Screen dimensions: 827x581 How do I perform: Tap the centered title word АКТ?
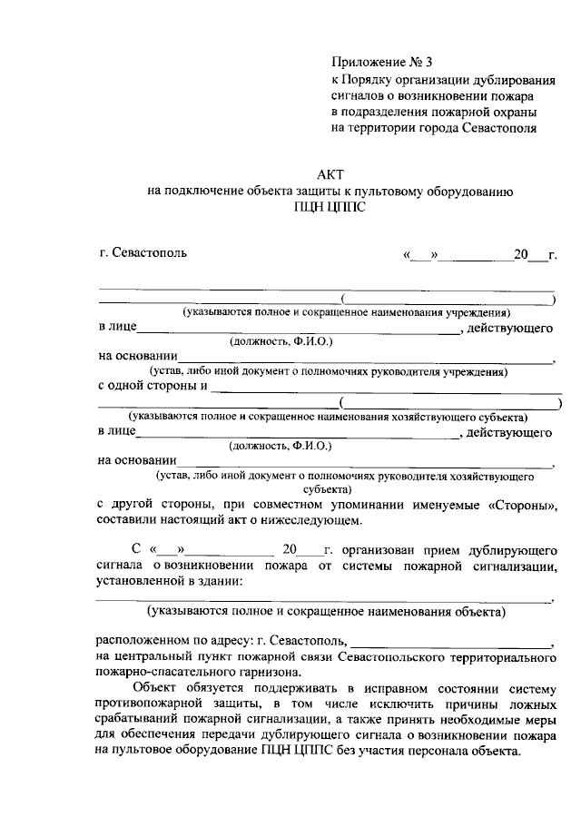(331, 173)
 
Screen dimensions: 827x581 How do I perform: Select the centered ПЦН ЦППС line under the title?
(331, 207)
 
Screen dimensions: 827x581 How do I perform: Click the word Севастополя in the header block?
(499, 128)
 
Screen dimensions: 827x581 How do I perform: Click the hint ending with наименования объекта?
(327, 613)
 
